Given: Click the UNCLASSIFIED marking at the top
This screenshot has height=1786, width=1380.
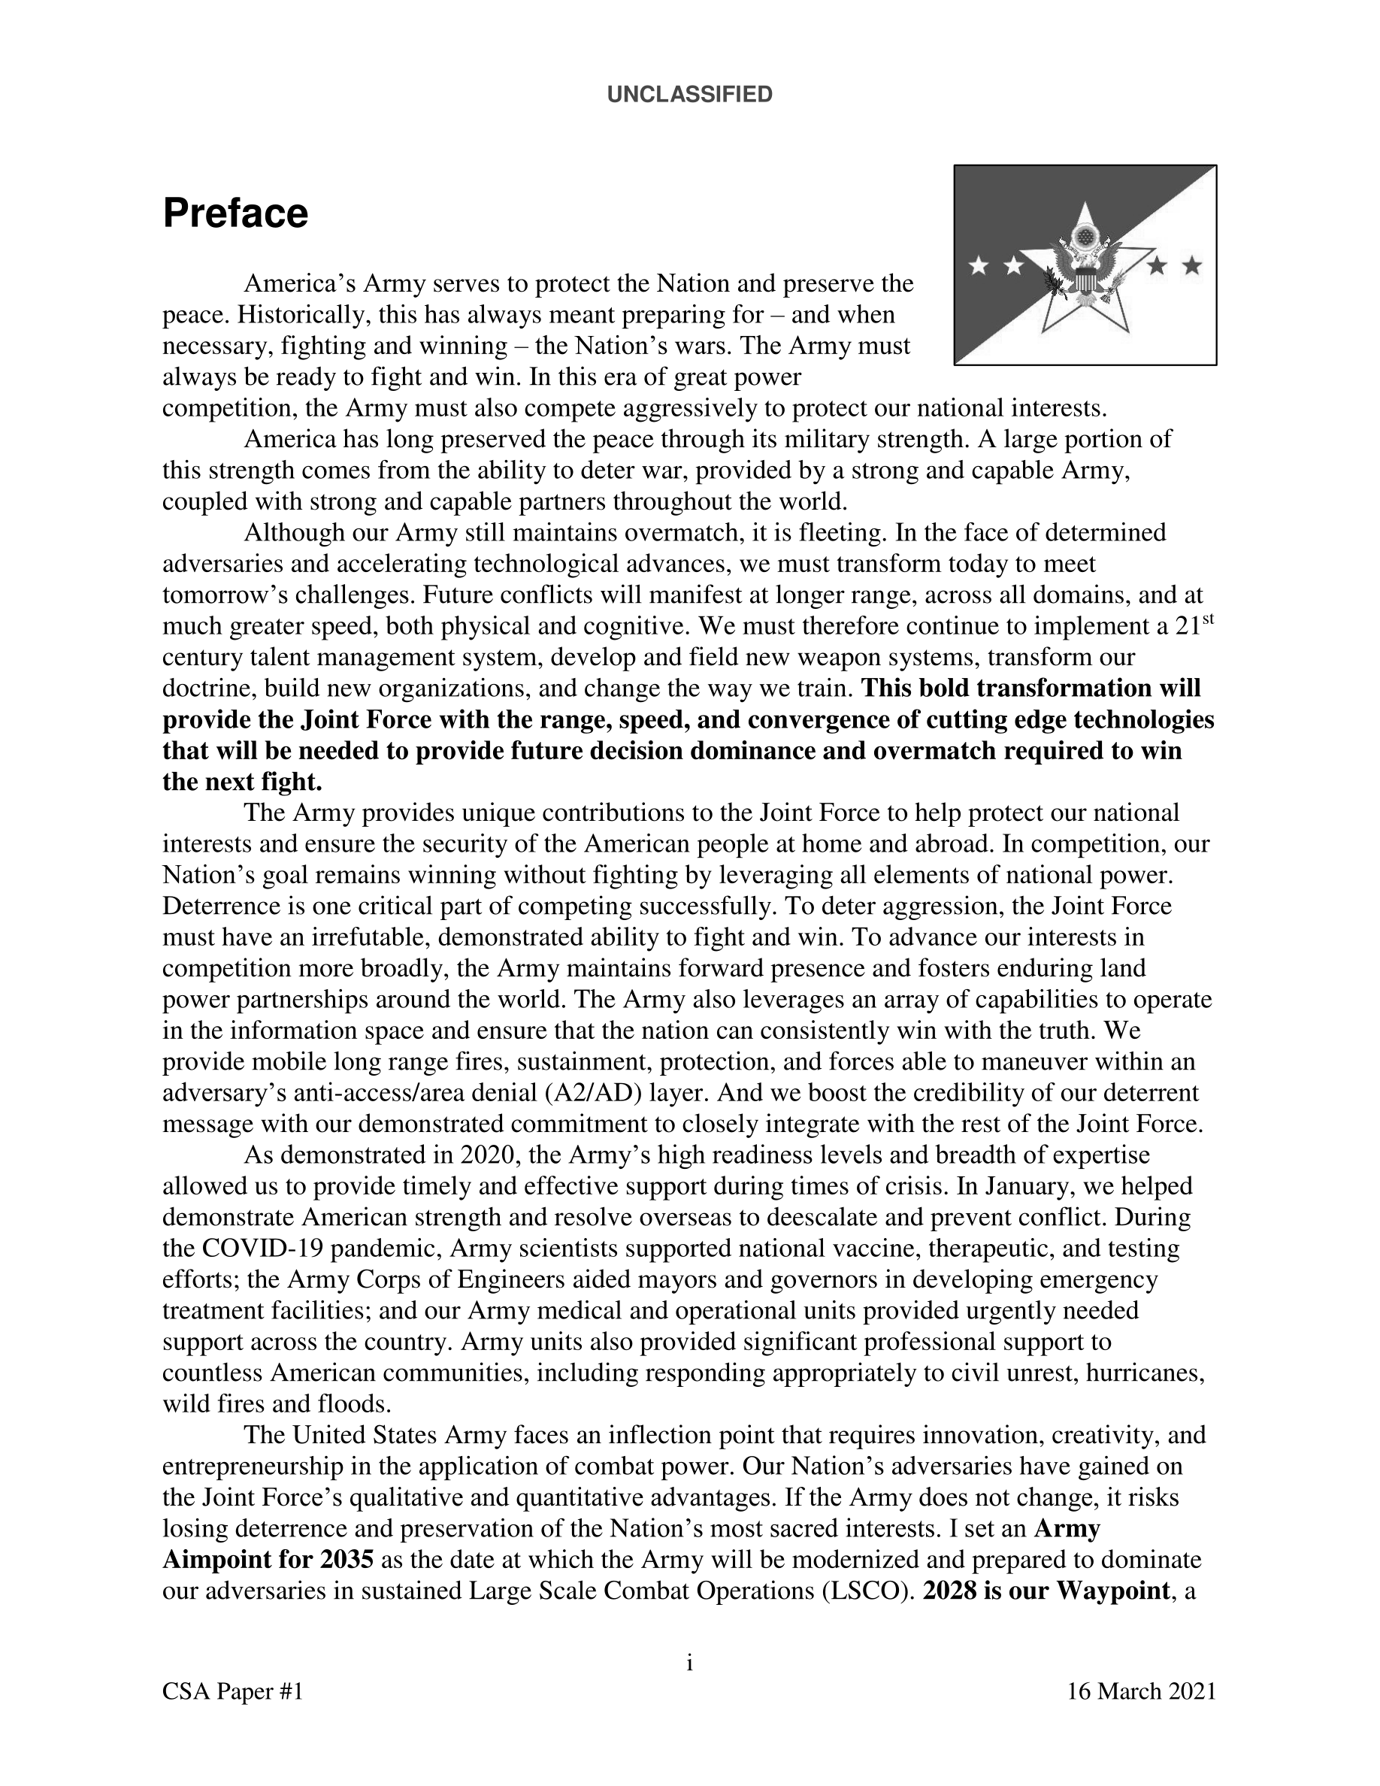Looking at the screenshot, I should [689, 95].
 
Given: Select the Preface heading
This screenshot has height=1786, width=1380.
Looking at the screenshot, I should [235, 213].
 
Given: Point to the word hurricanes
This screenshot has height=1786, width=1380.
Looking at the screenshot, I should [1145, 1373].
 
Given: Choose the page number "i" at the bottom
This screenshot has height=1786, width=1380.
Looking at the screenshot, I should [689, 1663].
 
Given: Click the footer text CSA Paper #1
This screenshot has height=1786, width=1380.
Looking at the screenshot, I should [233, 1691].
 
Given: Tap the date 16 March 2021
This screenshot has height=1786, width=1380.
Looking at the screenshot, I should [1141, 1691].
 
